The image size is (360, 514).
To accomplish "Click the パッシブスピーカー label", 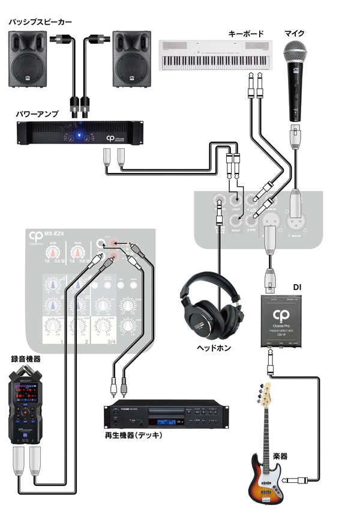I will (x=40, y=22).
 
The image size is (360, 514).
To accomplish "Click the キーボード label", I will (x=245, y=34).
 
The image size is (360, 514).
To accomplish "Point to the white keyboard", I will (x=216, y=53).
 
